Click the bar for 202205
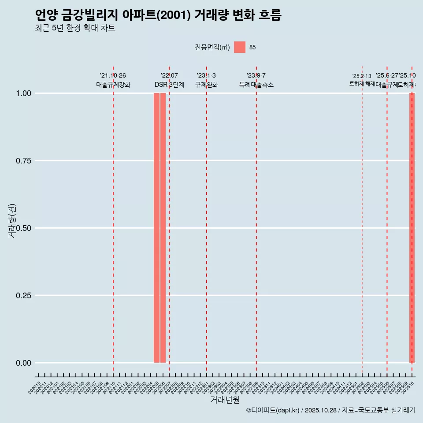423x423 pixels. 156,228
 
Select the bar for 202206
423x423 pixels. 163,228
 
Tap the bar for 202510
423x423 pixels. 412,228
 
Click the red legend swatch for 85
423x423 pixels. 240,47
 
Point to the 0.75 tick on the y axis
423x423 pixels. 23,161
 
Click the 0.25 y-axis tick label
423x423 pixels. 23,296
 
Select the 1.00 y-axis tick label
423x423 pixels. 23,93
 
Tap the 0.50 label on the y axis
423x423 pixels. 23,228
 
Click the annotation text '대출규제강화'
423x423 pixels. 113,85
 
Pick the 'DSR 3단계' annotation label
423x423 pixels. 169,85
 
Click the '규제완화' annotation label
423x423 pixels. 207,85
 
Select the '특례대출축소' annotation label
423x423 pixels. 256,85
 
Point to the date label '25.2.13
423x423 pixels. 362,76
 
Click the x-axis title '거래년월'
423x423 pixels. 225,400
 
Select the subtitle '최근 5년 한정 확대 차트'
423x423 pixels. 75,28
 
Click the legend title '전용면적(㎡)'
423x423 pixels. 212,48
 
